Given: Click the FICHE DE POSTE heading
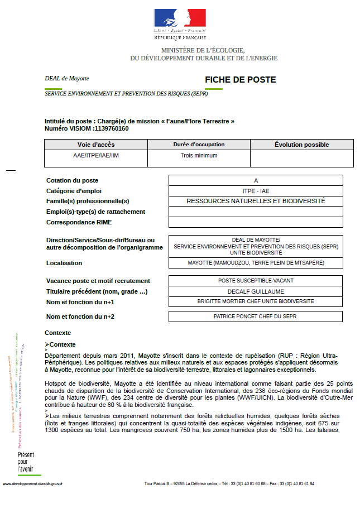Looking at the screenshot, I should click(x=240, y=80).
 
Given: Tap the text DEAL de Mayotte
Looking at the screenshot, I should click(x=67, y=79).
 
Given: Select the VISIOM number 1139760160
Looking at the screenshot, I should click(x=111, y=128).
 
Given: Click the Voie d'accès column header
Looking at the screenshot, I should click(x=95, y=145).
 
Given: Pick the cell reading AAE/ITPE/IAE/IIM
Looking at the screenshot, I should click(x=95, y=156).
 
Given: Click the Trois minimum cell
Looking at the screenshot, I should click(x=199, y=156).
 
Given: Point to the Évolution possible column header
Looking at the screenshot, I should click(x=301, y=145).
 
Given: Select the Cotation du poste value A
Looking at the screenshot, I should click(x=256, y=180).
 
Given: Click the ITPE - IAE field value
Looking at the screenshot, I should click(x=256, y=191).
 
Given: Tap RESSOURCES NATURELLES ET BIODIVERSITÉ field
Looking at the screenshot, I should click(x=256, y=201).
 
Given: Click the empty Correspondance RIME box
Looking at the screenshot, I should click(x=256, y=222).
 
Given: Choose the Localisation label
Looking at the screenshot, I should click(x=64, y=263).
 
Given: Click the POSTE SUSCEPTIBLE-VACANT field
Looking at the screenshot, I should click(x=256, y=281).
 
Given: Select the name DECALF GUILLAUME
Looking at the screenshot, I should click(x=256, y=291).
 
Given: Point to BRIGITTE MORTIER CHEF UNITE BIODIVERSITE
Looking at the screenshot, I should click(x=256, y=301).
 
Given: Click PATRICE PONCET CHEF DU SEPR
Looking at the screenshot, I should click(x=256, y=317).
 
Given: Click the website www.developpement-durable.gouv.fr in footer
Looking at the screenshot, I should click(x=33, y=484).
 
